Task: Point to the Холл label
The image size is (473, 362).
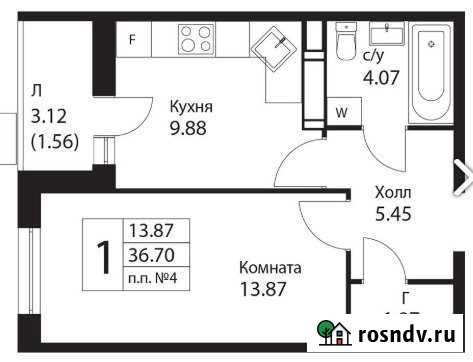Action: [x=392, y=192]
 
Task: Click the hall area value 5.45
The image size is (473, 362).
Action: [x=393, y=213]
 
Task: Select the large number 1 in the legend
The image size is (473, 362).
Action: [x=103, y=256]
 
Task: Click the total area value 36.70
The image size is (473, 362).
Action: [x=147, y=256]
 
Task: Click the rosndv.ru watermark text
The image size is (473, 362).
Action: [x=408, y=334]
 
